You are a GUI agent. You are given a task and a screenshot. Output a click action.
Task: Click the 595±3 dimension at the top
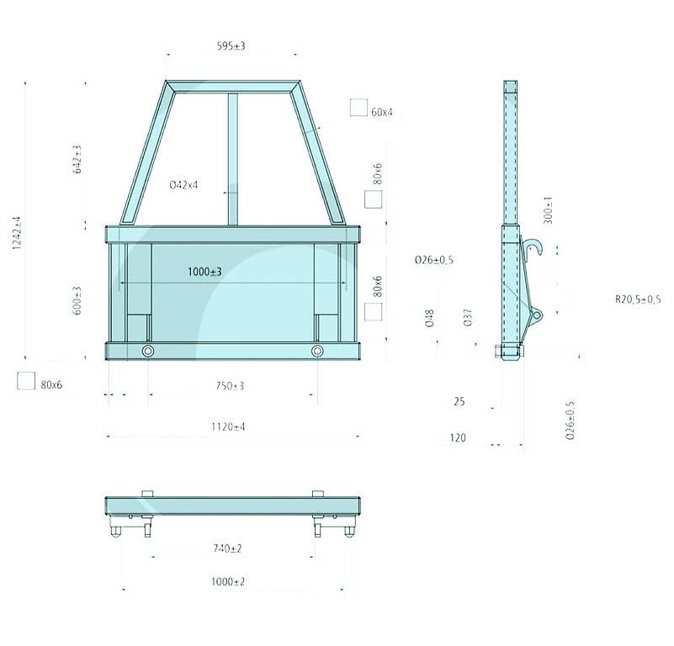point(231,46)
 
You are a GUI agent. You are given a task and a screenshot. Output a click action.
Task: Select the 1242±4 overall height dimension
point(17,233)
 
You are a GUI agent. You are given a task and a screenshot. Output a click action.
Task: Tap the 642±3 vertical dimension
point(77,159)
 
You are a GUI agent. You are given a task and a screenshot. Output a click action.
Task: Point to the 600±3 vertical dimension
point(77,300)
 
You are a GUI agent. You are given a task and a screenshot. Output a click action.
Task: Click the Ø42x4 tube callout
point(184,185)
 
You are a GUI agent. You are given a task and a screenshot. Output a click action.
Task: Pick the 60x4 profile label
point(382,112)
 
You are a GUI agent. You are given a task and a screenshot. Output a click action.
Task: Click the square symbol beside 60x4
point(358,108)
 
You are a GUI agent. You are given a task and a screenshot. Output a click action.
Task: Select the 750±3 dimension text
point(230,386)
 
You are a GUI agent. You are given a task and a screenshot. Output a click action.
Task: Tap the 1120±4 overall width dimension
point(228,426)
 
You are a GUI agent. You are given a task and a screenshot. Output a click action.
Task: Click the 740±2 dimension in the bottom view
point(227,548)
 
